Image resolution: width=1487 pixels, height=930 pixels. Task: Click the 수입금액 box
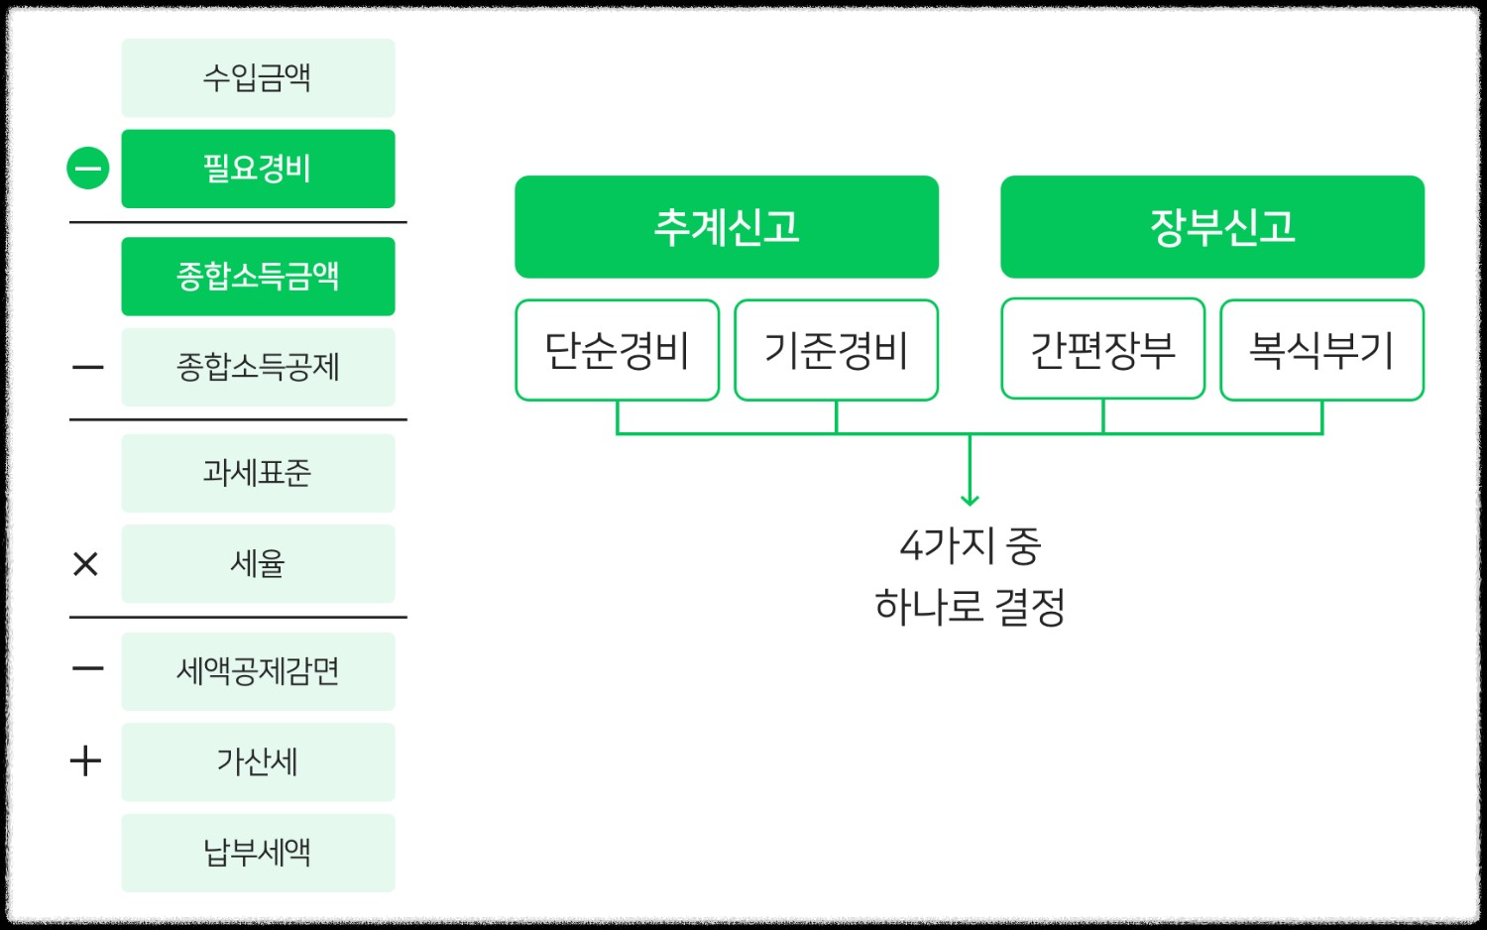258,77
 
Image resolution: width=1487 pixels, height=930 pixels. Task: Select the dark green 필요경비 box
258,169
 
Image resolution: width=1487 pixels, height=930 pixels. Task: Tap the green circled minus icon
87,169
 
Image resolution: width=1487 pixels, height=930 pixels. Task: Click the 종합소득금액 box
258,277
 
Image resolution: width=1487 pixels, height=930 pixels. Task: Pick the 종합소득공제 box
258,367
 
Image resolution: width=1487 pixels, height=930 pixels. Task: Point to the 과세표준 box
258,473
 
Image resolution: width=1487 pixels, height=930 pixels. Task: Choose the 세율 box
258,564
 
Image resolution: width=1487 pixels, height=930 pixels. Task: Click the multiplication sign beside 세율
86,564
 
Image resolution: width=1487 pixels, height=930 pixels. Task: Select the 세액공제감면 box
258,671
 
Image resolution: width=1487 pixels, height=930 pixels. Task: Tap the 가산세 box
258,761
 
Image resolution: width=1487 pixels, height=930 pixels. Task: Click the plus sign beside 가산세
86,761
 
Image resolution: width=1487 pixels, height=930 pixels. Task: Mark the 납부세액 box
258,853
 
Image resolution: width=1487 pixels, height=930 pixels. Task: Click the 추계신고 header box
727,227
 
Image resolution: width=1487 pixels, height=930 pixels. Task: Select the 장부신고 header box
1211,227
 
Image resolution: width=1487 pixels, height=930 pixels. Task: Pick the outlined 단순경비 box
617,350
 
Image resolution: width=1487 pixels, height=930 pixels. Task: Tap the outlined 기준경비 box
836,350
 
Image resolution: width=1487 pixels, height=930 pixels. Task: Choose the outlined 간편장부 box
1102,349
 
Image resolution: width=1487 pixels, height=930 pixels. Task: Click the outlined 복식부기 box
1321,350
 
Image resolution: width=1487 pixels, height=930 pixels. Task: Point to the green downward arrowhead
970,499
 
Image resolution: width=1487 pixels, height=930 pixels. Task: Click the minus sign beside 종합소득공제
87,368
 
